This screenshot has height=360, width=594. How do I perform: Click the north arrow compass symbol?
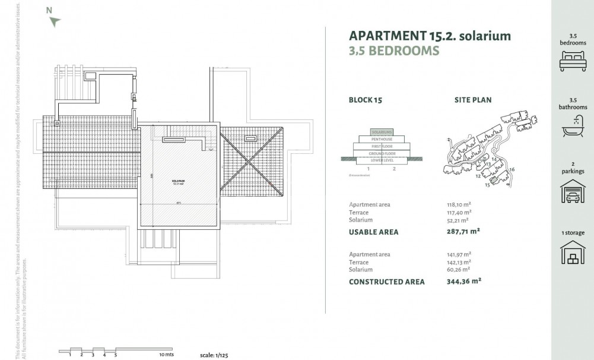pyautogui.click(x=55, y=22)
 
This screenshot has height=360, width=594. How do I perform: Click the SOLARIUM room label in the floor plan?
pyautogui.click(x=179, y=181)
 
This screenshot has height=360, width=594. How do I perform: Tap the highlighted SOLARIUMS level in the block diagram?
pyautogui.click(x=382, y=132)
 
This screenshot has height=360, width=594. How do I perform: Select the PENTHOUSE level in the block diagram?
pyautogui.click(x=382, y=139)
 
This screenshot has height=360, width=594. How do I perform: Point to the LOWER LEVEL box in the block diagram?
pyautogui.click(x=382, y=160)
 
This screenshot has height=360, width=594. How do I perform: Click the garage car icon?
pyautogui.click(x=573, y=191)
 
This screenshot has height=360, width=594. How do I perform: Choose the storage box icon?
pyautogui.click(x=573, y=252)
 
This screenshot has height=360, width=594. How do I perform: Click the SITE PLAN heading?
pyautogui.click(x=473, y=100)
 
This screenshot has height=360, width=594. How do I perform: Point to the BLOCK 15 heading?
pyautogui.click(x=366, y=100)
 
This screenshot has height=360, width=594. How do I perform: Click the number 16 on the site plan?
pyautogui.click(x=512, y=170)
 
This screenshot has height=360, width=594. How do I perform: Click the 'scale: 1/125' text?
pyautogui.click(x=214, y=355)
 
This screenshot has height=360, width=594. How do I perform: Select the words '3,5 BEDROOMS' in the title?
pyautogui.click(x=394, y=50)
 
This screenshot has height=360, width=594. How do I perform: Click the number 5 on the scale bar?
pyautogui.click(x=116, y=355)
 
